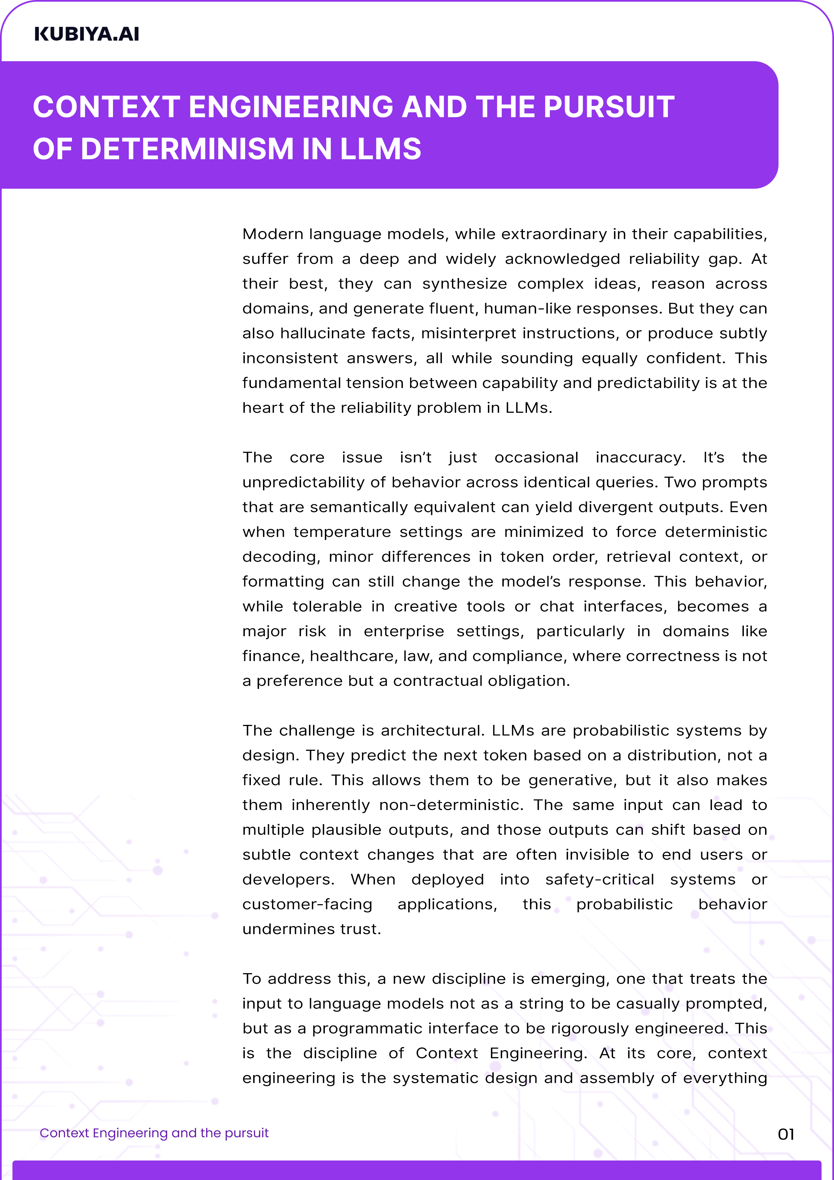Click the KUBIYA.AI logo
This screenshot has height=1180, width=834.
(x=86, y=34)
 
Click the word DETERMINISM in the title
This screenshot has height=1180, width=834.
(x=187, y=149)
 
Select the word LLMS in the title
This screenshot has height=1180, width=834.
(x=380, y=149)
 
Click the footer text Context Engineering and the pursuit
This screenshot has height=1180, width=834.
(x=154, y=1133)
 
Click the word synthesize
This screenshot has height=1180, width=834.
(x=464, y=284)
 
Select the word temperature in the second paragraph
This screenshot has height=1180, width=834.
(x=342, y=532)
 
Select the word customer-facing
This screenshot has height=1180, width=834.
(x=307, y=905)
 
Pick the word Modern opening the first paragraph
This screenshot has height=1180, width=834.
(x=272, y=234)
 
